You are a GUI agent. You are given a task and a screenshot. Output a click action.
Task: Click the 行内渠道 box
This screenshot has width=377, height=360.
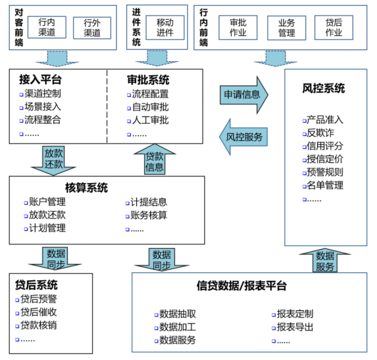(47, 27)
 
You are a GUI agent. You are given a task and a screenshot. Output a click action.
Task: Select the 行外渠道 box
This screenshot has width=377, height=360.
(92, 28)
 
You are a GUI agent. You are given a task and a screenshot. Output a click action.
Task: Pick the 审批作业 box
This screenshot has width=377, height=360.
(238, 27)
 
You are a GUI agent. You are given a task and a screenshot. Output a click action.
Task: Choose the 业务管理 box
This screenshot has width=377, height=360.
(286, 27)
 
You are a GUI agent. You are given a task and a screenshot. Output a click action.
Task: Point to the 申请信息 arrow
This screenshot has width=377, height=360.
(243, 94)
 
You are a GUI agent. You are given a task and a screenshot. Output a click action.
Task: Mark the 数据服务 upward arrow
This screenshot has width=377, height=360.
(325, 261)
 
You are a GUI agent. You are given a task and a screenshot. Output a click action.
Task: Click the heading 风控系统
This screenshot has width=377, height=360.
(323, 89)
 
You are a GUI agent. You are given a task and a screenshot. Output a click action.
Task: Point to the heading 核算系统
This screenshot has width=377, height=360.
(86, 188)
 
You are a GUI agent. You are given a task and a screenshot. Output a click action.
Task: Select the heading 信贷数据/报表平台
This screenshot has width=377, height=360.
(241, 286)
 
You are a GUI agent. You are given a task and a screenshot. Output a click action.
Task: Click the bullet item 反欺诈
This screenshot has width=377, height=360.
(320, 133)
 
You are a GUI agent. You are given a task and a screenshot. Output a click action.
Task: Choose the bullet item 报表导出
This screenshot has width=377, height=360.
(295, 327)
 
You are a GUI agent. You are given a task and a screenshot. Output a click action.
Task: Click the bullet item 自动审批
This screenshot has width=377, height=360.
(150, 107)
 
